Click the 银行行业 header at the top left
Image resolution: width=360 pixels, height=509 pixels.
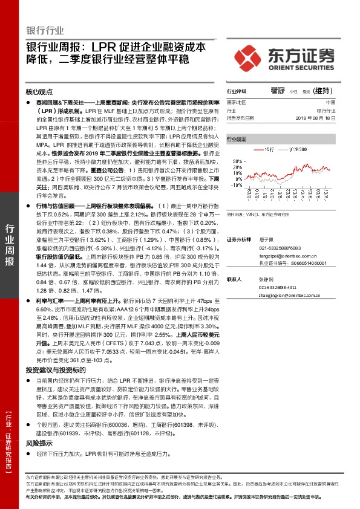point(45,31)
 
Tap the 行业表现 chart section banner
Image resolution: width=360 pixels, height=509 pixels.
point(237,138)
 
